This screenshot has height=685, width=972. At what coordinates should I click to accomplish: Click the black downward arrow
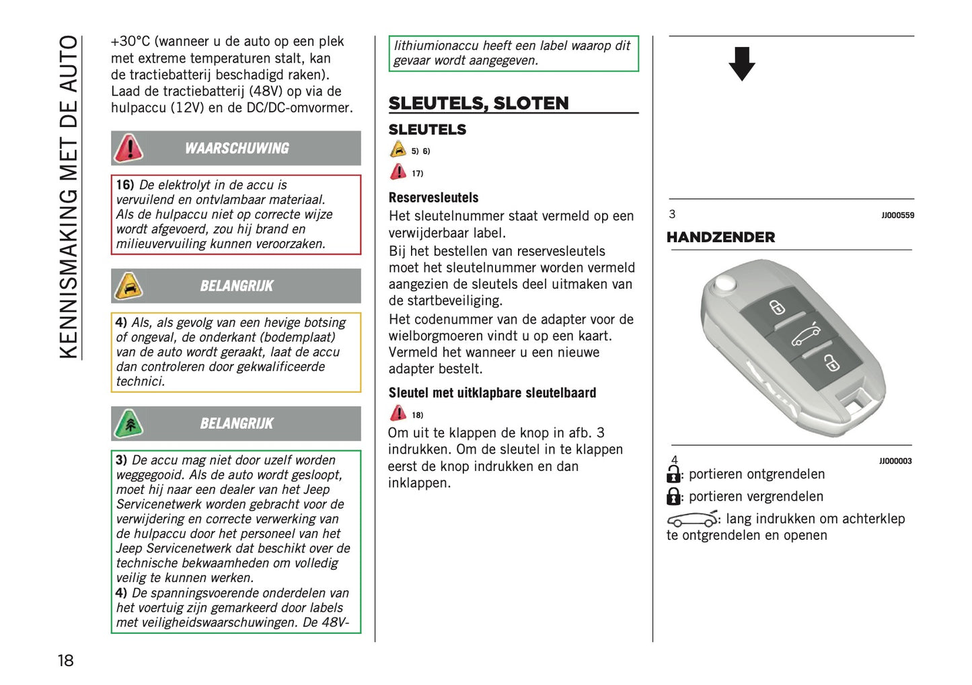coord(741,64)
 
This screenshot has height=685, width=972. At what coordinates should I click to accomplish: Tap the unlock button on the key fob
coord(777,308)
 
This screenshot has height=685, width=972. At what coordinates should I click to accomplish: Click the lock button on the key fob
coord(832,364)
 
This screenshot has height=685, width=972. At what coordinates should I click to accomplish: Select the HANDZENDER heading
coord(720,237)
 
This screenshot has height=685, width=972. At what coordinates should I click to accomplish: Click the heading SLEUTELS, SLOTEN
coord(478,103)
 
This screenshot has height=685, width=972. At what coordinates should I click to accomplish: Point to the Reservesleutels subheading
coord(433,198)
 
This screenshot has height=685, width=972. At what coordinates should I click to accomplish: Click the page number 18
coord(65,660)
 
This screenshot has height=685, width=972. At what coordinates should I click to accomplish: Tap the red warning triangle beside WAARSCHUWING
coord(128,148)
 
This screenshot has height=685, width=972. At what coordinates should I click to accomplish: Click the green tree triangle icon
coord(128,423)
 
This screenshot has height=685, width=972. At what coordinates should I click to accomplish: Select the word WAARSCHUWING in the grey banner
coord(237,149)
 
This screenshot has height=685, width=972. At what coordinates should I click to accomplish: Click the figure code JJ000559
coord(897,215)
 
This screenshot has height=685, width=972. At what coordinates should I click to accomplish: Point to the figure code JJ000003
coord(895,461)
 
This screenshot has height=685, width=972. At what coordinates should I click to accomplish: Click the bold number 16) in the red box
coord(125,185)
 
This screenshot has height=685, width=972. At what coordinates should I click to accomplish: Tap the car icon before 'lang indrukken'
coord(692,519)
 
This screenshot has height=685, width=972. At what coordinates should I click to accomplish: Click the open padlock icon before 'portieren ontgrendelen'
coord(673,474)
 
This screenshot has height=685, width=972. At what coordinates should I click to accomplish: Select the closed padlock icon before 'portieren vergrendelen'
coord(673,497)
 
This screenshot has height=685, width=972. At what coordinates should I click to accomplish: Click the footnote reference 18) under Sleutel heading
coord(418,415)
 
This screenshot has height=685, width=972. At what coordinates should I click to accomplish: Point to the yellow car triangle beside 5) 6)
coord(398,149)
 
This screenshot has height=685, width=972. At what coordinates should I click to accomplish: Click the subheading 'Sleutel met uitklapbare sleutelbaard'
coord(492,393)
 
